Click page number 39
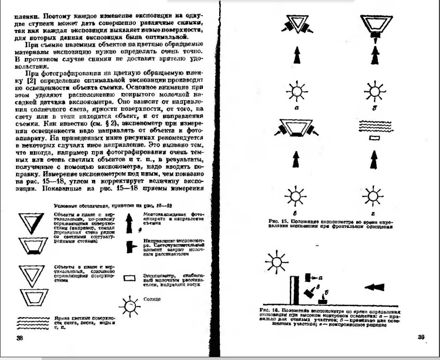click(x=421, y=337)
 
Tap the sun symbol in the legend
click(x=130, y=307)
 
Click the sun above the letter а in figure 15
click(x=297, y=90)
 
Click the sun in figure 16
click(x=277, y=264)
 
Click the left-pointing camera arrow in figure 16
click(x=374, y=287)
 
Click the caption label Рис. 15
click(x=278, y=221)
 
